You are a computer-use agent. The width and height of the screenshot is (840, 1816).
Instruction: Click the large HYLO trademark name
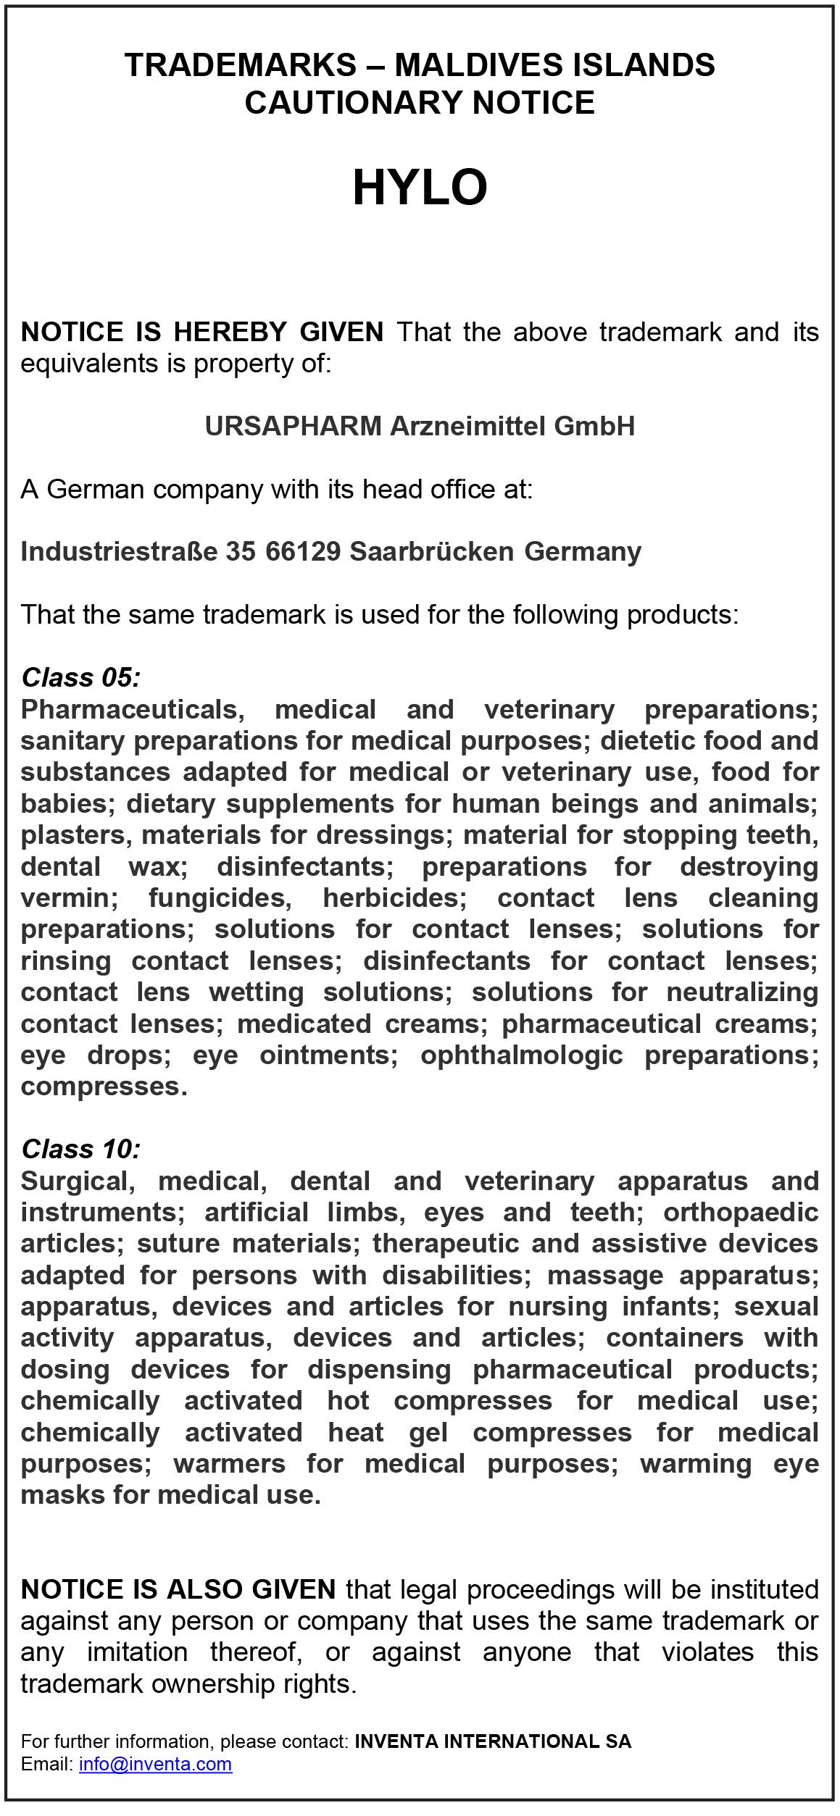click(x=420, y=188)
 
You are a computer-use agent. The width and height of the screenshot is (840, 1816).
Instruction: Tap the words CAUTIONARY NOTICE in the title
click(x=420, y=102)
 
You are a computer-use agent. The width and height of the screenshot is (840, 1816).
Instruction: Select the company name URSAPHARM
click(x=293, y=426)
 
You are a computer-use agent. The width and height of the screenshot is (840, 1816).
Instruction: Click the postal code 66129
click(x=303, y=551)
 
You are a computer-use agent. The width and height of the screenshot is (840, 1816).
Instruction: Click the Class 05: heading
click(x=80, y=677)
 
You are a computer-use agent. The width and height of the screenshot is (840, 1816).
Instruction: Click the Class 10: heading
click(x=80, y=1149)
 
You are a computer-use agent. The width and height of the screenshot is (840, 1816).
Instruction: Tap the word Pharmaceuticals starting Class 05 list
click(x=130, y=709)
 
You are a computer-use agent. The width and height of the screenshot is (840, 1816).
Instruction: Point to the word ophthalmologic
click(x=521, y=1055)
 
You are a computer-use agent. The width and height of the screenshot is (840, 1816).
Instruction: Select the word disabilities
click(x=453, y=1275)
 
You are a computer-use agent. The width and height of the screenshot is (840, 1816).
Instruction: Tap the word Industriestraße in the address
click(x=119, y=551)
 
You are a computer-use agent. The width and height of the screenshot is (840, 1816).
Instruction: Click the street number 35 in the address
click(x=241, y=551)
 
